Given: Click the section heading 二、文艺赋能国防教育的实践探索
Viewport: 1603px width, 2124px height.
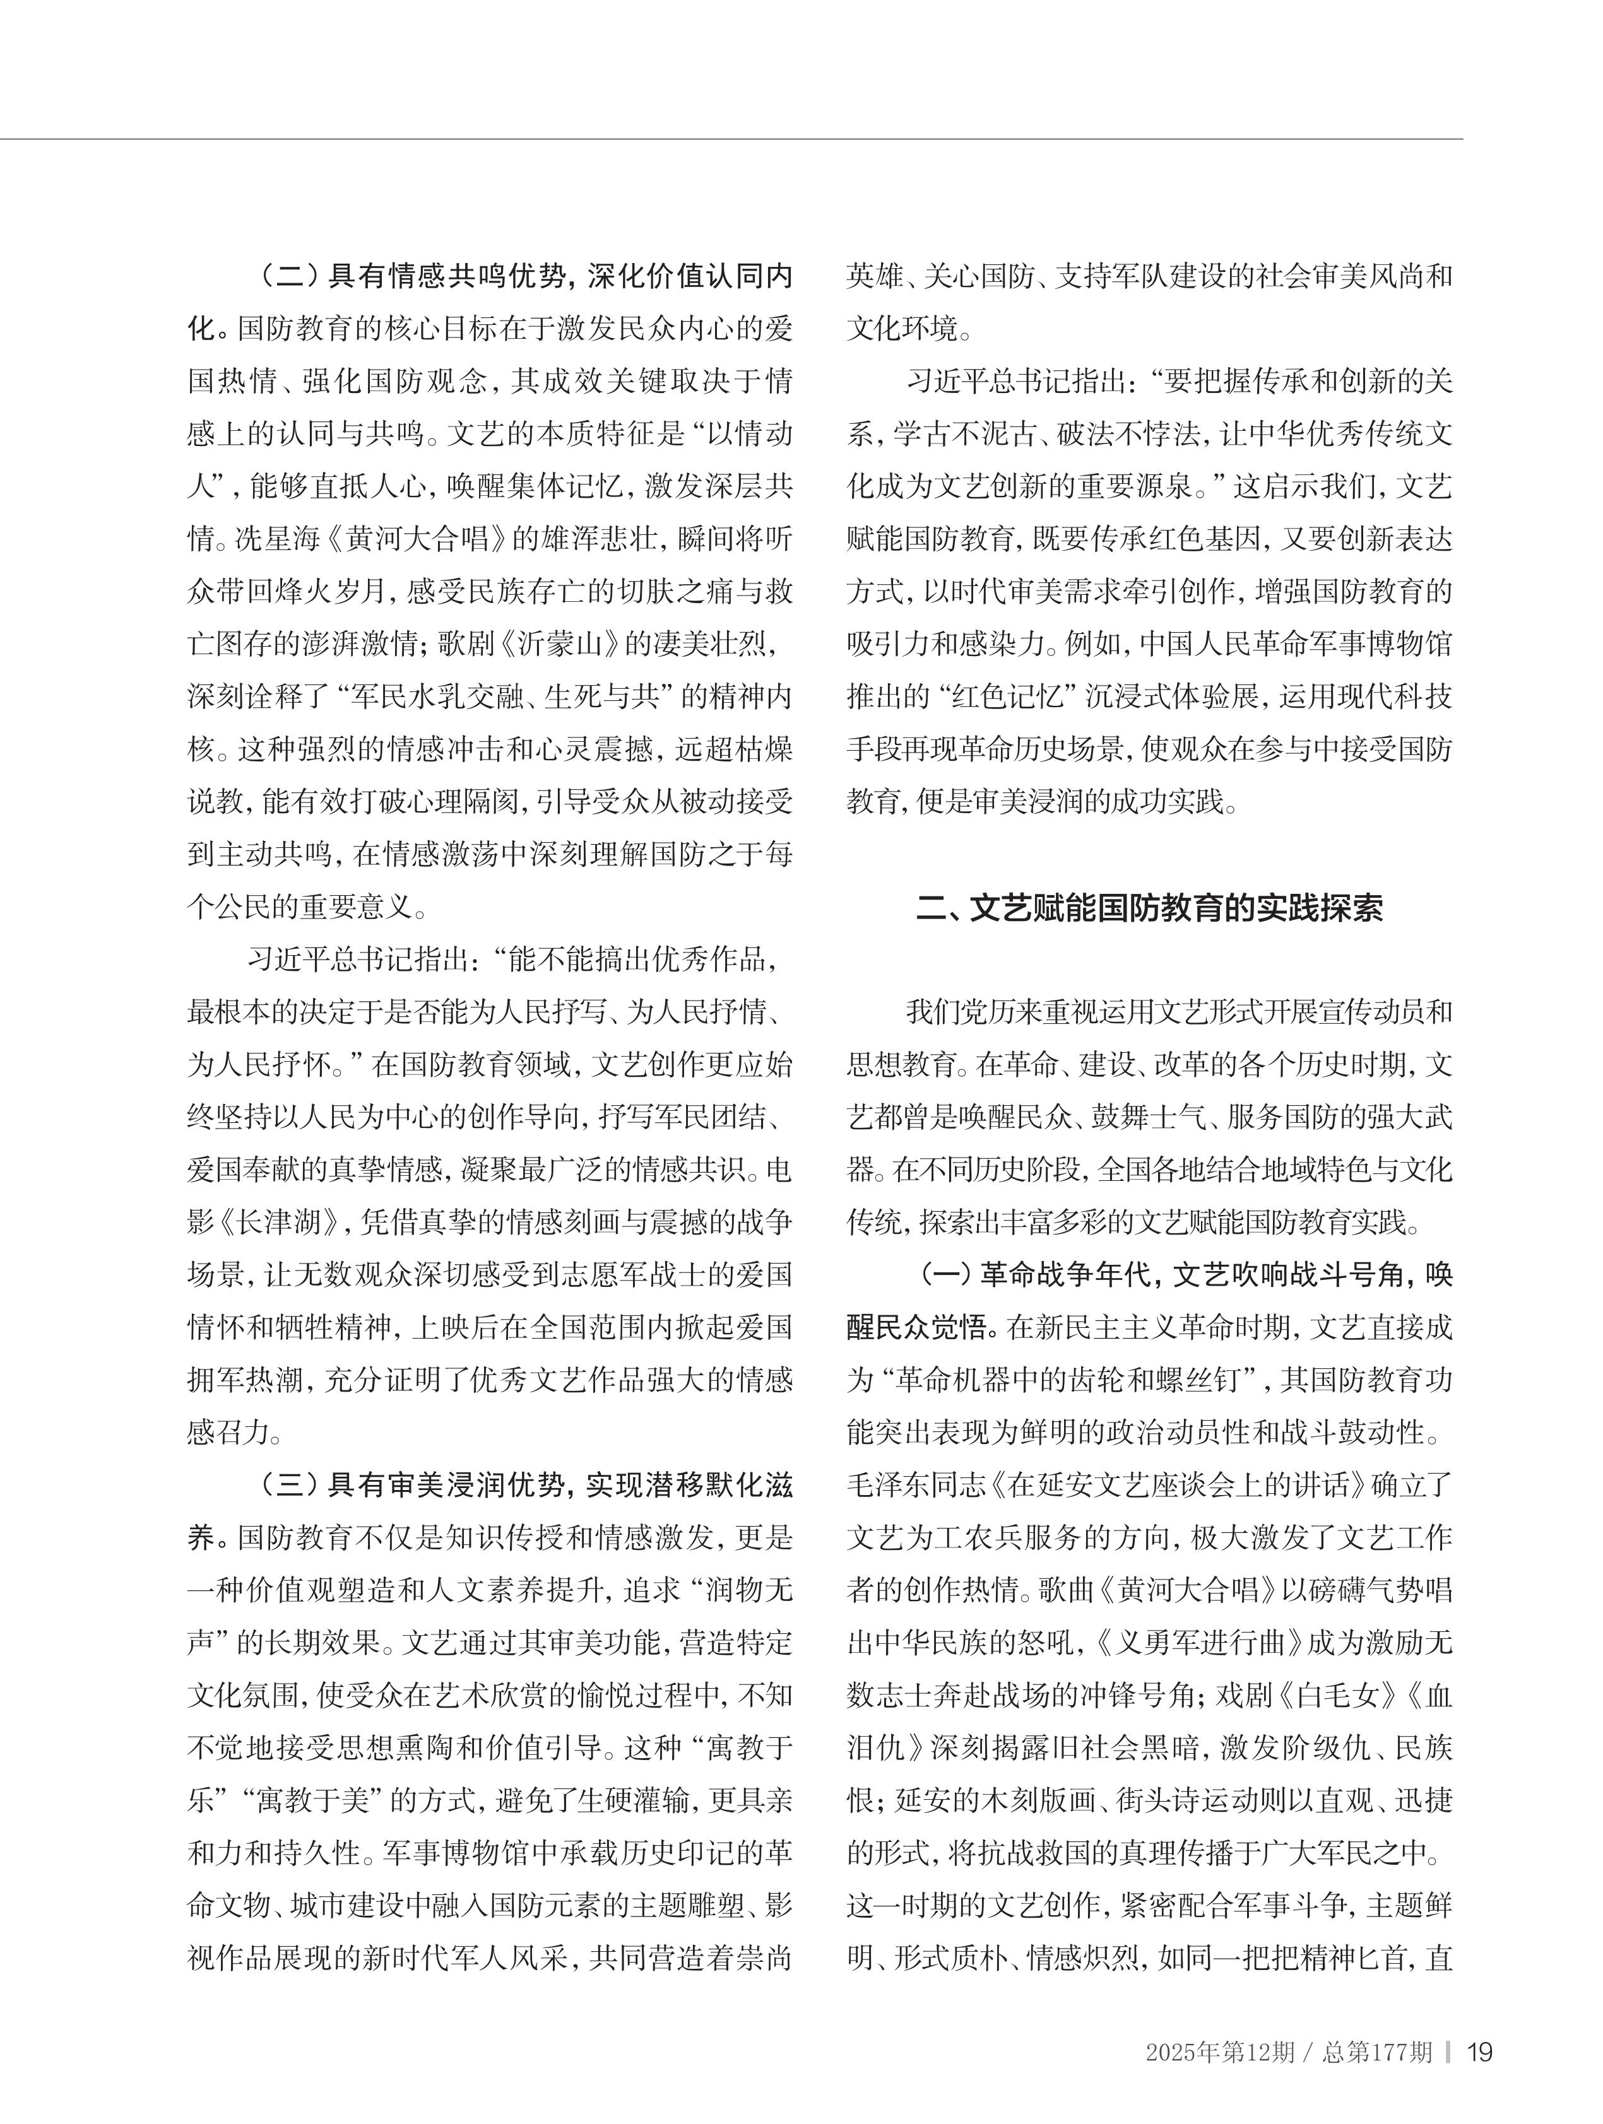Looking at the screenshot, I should coord(1150,907).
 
